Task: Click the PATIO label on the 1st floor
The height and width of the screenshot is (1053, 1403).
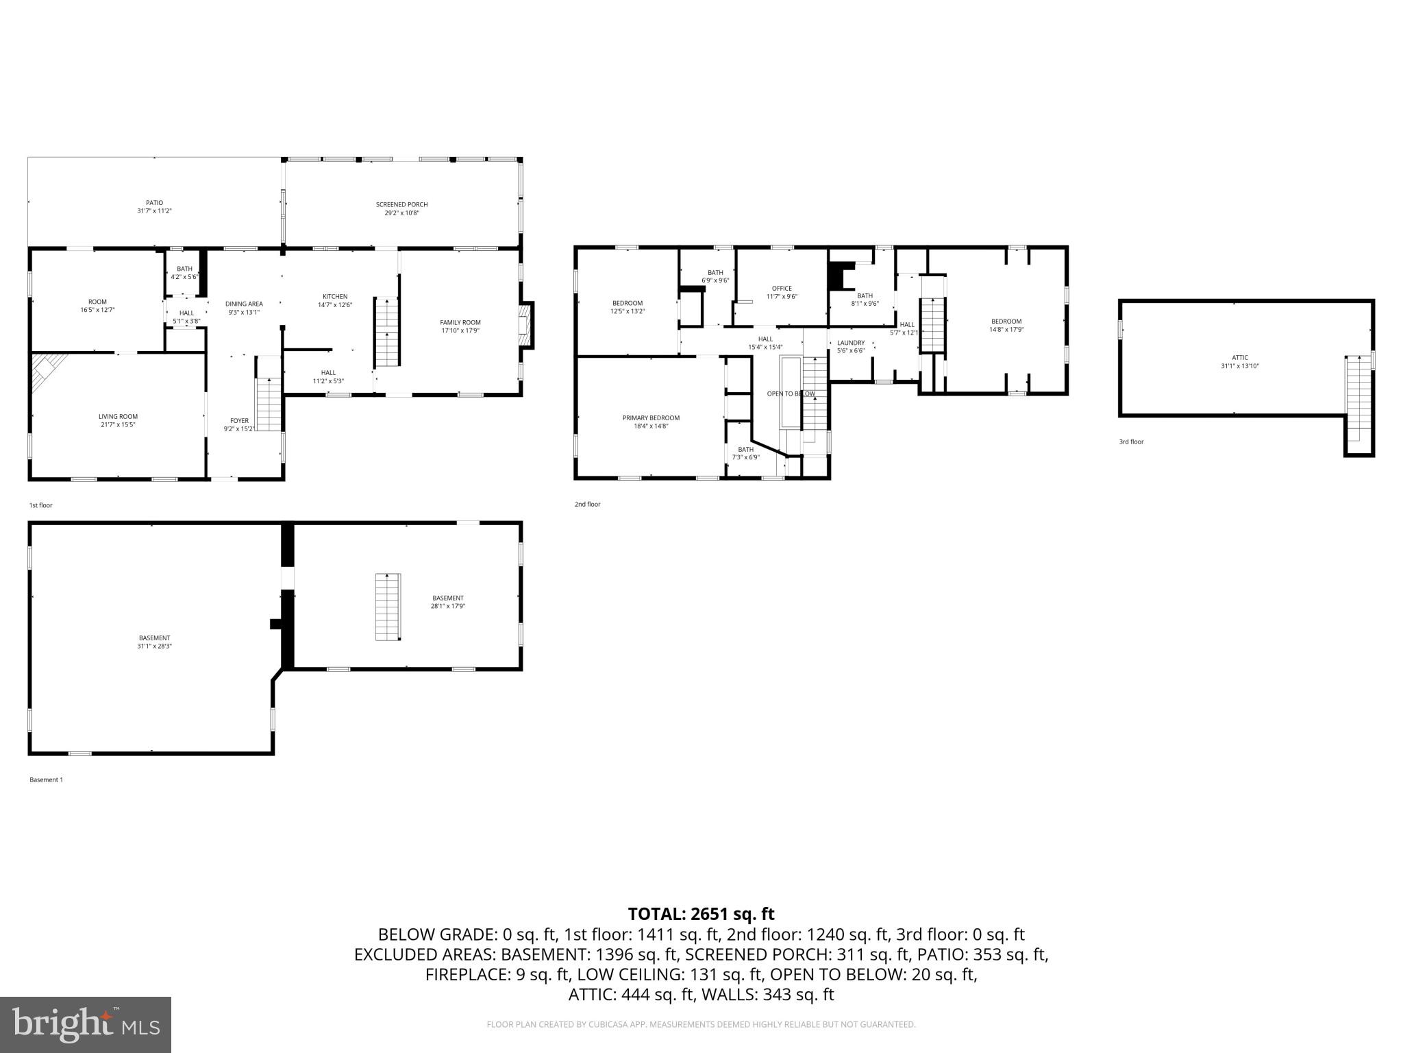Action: point(154,203)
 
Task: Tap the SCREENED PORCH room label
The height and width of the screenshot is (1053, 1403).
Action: point(401,204)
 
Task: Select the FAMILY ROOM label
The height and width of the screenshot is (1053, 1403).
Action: point(460,322)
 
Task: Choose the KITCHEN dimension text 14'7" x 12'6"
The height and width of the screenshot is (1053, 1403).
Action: point(334,305)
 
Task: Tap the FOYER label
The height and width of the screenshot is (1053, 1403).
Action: point(239,421)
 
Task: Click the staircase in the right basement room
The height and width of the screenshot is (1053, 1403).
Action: point(388,607)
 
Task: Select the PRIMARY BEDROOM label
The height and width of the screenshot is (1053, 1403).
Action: point(651,417)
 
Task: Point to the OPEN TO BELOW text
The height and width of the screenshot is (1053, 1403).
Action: point(791,394)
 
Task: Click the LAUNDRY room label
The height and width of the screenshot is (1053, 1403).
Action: point(850,343)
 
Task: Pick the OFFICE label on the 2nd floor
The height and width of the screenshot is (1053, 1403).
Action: point(781,289)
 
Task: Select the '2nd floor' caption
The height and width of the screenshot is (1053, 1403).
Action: point(587,504)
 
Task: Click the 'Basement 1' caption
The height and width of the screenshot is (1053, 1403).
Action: point(46,779)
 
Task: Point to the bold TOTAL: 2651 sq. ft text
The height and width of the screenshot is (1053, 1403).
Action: point(701,914)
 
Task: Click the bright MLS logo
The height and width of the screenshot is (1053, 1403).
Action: point(86,1024)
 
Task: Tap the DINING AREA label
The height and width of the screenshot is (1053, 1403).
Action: point(244,304)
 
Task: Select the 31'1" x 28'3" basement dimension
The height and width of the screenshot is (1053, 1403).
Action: point(154,646)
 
